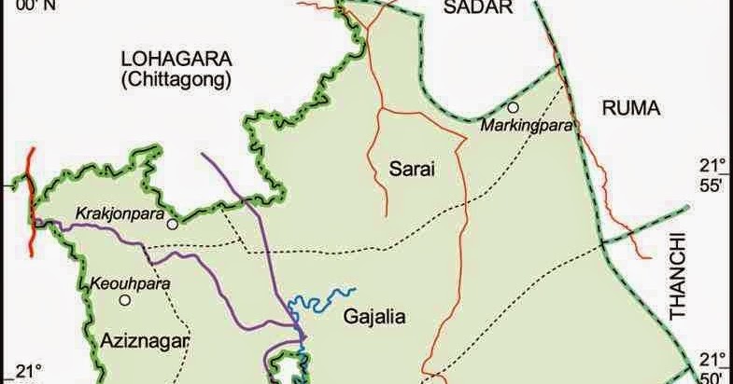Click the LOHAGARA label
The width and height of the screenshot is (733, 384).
click(176, 59)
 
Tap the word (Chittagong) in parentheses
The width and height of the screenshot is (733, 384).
click(176, 80)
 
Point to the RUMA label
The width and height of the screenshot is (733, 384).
click(630, 108)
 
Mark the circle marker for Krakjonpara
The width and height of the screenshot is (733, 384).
click(172, 225)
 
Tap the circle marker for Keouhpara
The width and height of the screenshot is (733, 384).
click(123, 300)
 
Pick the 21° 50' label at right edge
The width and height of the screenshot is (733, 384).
click(712, 366)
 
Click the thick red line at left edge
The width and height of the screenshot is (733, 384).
click(32, 200)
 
